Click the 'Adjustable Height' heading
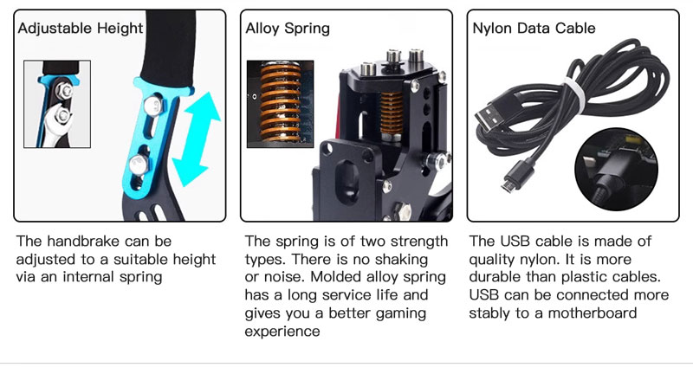tap(81, 29)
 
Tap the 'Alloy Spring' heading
tap(288, 29)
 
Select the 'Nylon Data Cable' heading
tap(534, 29)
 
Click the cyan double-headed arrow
tap(197, 139)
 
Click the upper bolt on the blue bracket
tap(152, 106)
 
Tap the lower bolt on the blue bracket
tap(139, 164)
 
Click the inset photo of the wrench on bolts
tap(57, 104)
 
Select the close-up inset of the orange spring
tap(280, 104)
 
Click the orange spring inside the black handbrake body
tap(392, 115)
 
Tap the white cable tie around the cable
tap(576, 96)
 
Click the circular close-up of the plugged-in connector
tap(616, 170)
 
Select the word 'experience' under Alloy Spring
tap(282, 332)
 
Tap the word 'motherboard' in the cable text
tap(593, 313)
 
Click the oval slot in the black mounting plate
tap(347, 180)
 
